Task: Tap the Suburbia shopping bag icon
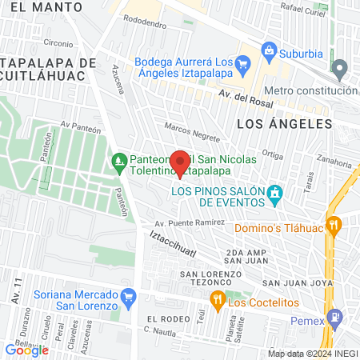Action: (x=269, y=53)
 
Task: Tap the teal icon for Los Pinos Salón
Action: (x=276, y=194)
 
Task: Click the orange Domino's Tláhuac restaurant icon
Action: (x=334, y=226)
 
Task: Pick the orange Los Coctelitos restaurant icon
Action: (x=217, y=300)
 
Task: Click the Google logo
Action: (x=26, y=350)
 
